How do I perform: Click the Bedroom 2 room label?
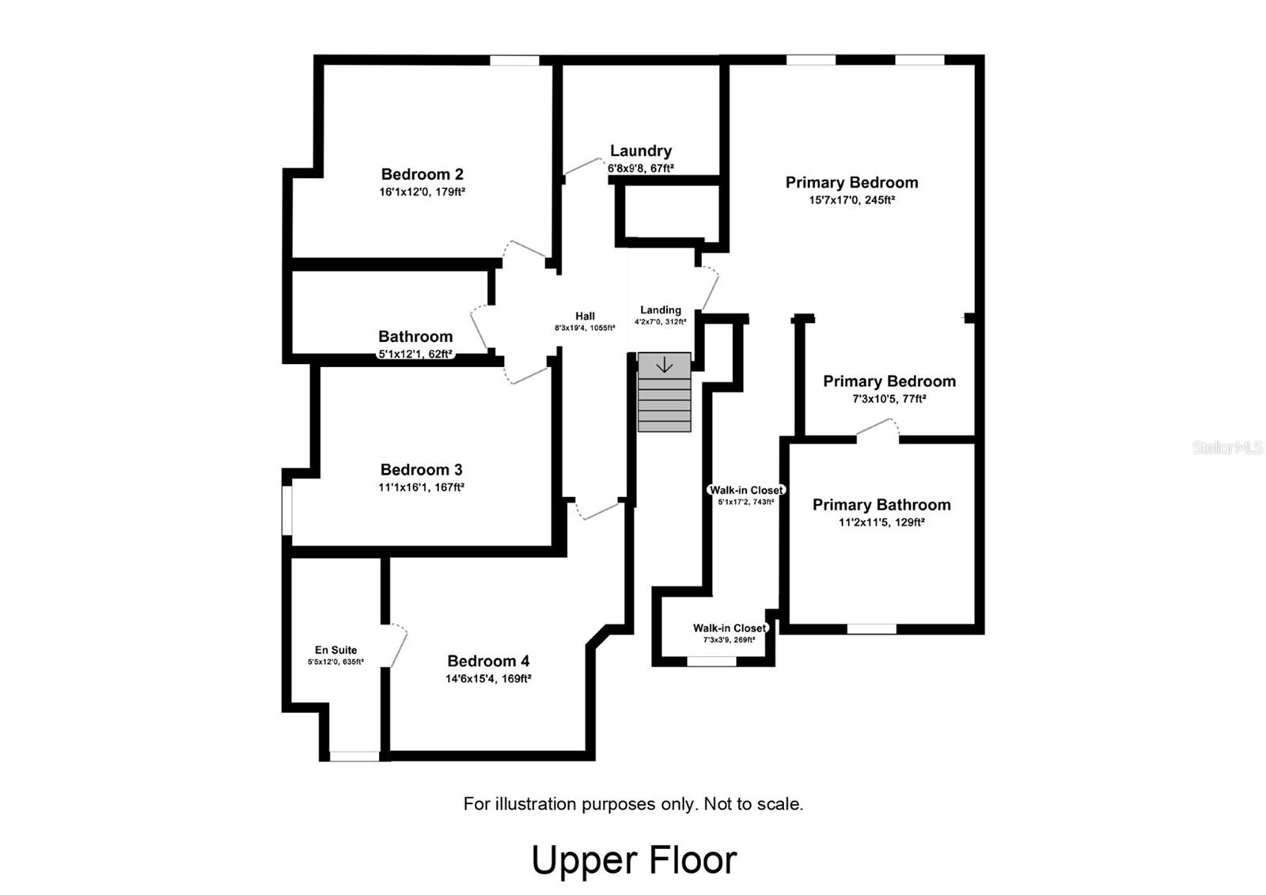point(422,174)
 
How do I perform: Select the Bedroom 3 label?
point(421,469)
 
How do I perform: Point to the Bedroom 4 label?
point(488,661)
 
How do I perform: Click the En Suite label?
point(335,650)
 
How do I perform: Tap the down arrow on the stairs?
point(665,365)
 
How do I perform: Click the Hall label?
point(585,316)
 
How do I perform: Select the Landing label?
point(660,310)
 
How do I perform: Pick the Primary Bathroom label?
point(881,505)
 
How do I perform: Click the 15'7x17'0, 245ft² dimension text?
point(851,200)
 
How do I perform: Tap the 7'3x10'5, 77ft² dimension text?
point(889,399)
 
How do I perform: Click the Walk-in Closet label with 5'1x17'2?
point(745,490)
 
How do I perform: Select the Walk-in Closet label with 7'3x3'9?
point(729,628)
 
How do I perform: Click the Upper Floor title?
point(634,860)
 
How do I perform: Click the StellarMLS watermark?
point(1227,448)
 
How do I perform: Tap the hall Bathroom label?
point(415,336)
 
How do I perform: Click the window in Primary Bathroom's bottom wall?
point(871,629)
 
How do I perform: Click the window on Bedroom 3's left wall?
point(287,510)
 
